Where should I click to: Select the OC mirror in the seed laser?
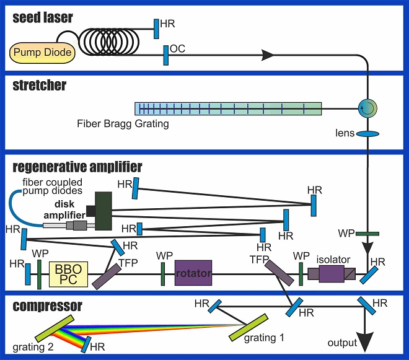[x=166, y=55]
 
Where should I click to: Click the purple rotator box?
[x=193, y=273]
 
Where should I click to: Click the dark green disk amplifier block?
[x=103, y=211]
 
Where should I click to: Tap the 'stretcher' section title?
[x=39, y=86]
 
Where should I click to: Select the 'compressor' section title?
[x=46, y=306]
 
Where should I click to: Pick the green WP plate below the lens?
[x=367, y=234]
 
